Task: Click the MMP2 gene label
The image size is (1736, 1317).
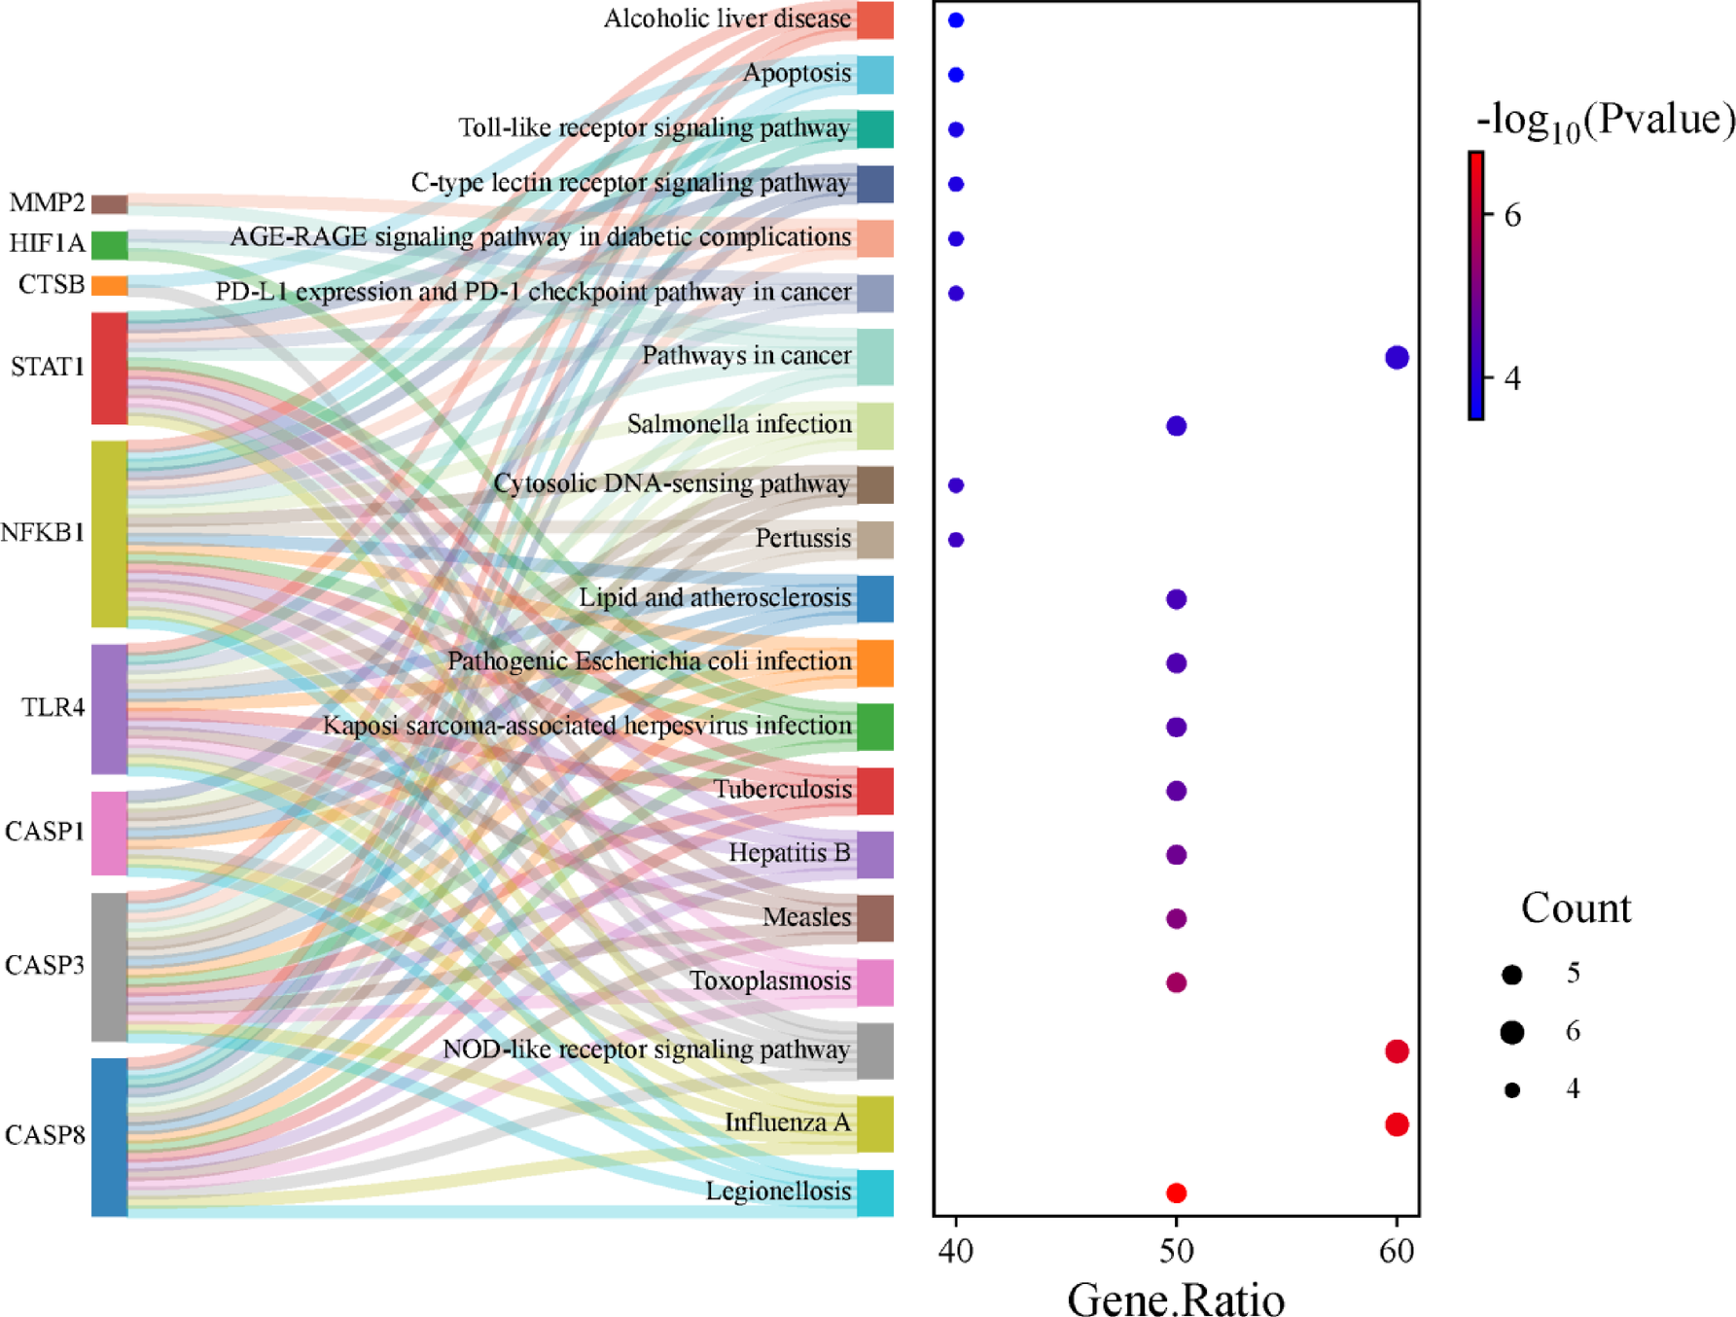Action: pyautogui.click(x=47, y=202)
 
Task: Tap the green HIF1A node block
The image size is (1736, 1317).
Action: pyautogui.click(x=110, y=245)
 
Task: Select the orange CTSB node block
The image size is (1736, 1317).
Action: pyautogui.click(x=110, y=285)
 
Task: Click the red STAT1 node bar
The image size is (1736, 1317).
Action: pyautogui.click(x=110, y=368)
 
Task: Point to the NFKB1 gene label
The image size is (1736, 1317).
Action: pyautogui.click(x=43, y=532)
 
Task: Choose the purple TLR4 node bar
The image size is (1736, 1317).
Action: pyautogui.click(x=110, y=708)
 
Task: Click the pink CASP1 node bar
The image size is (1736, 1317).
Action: pyautogui.click(x=110, y=833)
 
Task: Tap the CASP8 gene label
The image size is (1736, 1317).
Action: pyautogui.click(x=45, y=1134)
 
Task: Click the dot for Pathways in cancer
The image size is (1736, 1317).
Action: pyautogui.click(x=1397, y=357)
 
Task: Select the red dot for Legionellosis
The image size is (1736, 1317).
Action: pyautogui.click(x=1176, y=1192)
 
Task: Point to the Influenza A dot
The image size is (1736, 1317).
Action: pyautogui.click(x=1397, y=1124)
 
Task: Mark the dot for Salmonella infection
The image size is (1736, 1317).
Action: pyautogui.click(x=1176, y=425)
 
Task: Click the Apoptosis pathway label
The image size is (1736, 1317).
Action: pyautogui.click(x=797, y=73)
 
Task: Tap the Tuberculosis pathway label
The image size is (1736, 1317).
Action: pyautogui.click(x=782, y=789)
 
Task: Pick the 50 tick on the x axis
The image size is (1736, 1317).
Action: pyautogui.click(x=1176, y=1250)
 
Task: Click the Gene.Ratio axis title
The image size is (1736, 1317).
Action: pyautogui.click(x=1176, y=1299)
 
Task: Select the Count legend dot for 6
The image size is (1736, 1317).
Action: pyautogui.click(x=1511, y=1032)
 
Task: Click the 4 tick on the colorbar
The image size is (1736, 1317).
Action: pyautogui.click(x=1511, y=377)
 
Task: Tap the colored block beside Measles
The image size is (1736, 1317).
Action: pyautogui.click(x=875, y=918)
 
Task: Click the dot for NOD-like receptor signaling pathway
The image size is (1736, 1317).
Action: pyautogui.click(x=1397, y=1050)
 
